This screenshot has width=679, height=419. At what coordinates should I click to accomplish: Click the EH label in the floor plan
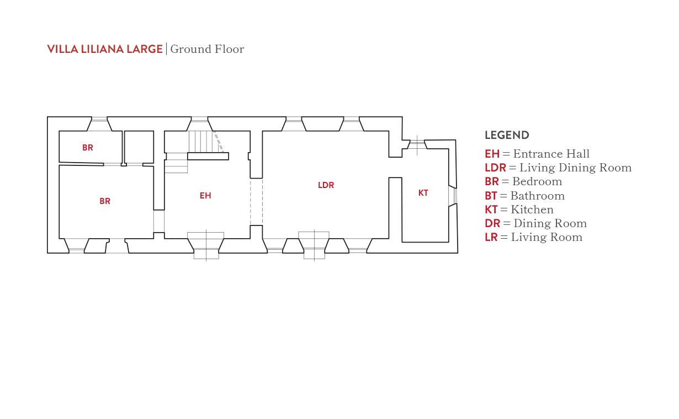click(205, 196)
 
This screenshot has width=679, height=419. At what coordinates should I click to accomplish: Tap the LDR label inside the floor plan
click(326, 185)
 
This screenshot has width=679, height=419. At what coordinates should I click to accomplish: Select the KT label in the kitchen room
click(423, 193)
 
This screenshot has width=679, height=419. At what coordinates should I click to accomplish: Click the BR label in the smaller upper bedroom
click(88, 147)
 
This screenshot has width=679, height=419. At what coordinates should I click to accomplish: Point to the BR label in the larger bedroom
click(105, 201)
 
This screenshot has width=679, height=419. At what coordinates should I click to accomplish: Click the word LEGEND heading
click(507, 135)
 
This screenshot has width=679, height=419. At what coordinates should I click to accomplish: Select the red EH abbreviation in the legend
click(492, 154)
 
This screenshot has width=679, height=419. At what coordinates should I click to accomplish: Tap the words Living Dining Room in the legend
click(576, 168)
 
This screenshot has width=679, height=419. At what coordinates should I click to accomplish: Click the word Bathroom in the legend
click(538, 196)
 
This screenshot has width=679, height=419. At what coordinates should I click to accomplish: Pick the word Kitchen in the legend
click(532, 209)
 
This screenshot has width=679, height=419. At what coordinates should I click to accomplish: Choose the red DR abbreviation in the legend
click(492, 223)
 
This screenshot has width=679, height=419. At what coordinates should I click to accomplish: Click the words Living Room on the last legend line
click(547, 238)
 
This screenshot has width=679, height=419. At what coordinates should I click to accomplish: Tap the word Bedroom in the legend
click(537, 181)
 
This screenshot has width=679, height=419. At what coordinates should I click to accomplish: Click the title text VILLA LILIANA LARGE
click(105, 49)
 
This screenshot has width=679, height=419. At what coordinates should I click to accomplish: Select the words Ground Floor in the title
click(207, 49)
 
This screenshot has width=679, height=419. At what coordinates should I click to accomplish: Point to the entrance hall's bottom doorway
click(206, 245)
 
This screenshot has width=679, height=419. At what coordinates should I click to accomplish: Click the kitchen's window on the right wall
click(454, 196)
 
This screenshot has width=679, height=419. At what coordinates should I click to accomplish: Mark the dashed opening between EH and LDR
click(257, 202)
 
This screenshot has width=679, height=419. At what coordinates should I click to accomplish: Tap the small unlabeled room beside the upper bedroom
click(139, 147)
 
